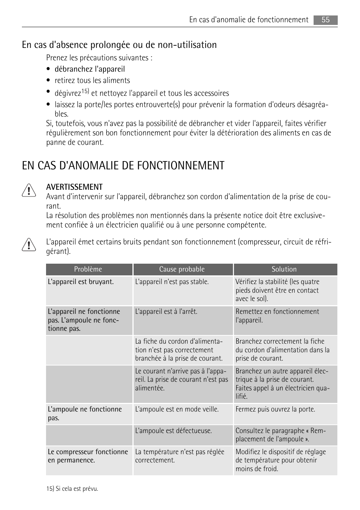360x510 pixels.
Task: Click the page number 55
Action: coord(325,20)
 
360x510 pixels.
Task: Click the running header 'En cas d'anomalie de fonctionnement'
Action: coord(249,20)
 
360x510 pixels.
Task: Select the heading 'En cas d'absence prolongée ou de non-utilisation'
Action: coord(119,45)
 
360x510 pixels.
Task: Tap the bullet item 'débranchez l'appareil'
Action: coord(89,69)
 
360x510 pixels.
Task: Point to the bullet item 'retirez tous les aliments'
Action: coord(92,80)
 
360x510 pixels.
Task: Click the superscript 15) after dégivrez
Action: coord(85,91)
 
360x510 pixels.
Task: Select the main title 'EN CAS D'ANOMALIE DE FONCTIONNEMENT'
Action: coord(123,166)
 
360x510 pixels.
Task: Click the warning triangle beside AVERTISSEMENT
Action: coord(29,190)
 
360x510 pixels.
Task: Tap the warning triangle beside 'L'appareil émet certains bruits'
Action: coord(29,245)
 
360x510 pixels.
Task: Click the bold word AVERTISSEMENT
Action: coord(74,187)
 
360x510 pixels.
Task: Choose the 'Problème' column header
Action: coord(88,269)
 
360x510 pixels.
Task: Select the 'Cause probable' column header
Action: coord(182,269)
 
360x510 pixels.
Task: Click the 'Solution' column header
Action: coord(284,269)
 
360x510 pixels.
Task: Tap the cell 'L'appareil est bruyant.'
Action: coord(81,282)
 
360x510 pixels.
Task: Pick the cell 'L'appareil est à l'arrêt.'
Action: coord(166,312)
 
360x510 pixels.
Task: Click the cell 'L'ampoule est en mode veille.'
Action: coord(177,409)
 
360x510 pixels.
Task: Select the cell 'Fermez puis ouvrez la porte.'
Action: coord(275,409)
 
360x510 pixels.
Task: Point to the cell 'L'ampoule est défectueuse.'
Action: coord(173,431)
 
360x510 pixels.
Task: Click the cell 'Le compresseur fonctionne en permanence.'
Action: coord(88,456)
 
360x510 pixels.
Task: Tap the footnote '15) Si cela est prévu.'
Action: coord(72,489)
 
